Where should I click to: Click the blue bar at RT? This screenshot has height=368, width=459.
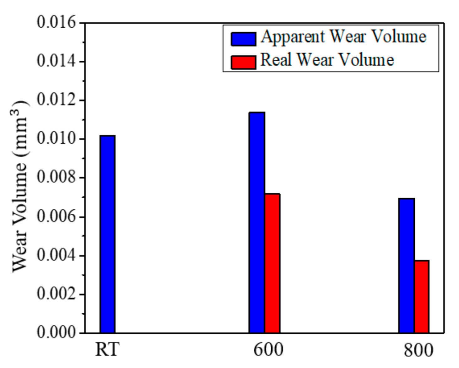tap(107, 234)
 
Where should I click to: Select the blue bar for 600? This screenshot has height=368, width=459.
tap(257, 222)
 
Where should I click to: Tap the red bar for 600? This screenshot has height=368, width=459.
tap(272, 263)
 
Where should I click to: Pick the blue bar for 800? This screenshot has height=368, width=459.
tap(407, 266)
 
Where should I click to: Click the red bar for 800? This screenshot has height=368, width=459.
tap(421, 296)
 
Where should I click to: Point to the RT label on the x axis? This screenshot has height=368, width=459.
tap(107, 349)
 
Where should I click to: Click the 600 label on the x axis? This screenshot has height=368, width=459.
tap(268, 349)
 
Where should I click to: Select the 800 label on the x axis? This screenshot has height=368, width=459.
tap(418, 350)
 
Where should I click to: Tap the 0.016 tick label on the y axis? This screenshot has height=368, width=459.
tap(57, 23)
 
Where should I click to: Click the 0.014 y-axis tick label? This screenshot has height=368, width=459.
tap(57, 61)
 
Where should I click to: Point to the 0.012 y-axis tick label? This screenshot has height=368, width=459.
tap(57, 100)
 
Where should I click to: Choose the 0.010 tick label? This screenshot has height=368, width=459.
tap(57, 139)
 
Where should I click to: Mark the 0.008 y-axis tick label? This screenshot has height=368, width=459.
tap(57, 177)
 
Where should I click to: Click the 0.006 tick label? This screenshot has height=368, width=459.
tap(57, 217)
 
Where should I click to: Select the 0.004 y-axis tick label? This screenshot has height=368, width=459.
tap(57, 255)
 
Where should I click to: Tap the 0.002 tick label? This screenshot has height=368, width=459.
tap(57, 294)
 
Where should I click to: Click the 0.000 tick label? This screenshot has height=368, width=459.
tap(57, 332)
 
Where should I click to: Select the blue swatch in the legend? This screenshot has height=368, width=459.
tap(243, 39)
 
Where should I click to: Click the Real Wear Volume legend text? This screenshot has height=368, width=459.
tap(327, 60)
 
